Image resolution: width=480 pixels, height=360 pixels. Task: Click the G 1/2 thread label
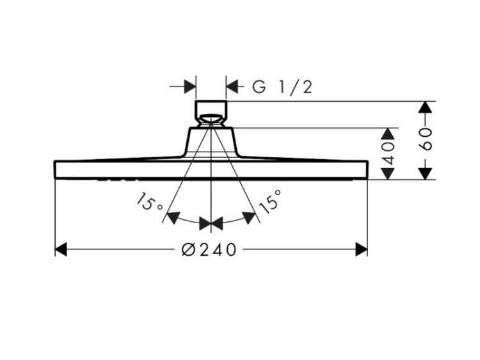tap(282, 87)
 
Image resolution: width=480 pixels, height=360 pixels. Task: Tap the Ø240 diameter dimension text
tap(209, 249)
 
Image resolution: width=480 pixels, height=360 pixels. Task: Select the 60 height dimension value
tap(425, 139)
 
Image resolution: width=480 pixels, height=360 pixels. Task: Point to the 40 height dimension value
tap(388, 153)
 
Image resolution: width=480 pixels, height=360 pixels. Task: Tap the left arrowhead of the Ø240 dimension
tap(61, 249)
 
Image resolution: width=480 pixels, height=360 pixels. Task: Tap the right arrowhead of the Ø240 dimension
tap(361, 249)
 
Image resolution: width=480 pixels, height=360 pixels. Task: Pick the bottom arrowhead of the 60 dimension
tap(425, 173)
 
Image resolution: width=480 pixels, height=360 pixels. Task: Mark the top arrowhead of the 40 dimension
tap(388, 134)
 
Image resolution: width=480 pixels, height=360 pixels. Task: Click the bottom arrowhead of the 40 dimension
tap(388, 173)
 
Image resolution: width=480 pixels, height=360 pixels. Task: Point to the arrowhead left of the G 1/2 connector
tap(190, 87)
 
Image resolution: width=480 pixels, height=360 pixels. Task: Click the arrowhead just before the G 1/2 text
tap(232, 87)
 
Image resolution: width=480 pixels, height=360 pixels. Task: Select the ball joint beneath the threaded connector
tap(211, 120)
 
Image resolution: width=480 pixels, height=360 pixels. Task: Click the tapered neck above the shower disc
tap(211, 141)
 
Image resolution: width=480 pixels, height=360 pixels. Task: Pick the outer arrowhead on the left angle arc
tap(173, 217)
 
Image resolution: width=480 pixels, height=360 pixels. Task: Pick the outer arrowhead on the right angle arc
tap(248, 217)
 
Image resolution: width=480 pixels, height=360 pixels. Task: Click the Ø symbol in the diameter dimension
tap(188, 249)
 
